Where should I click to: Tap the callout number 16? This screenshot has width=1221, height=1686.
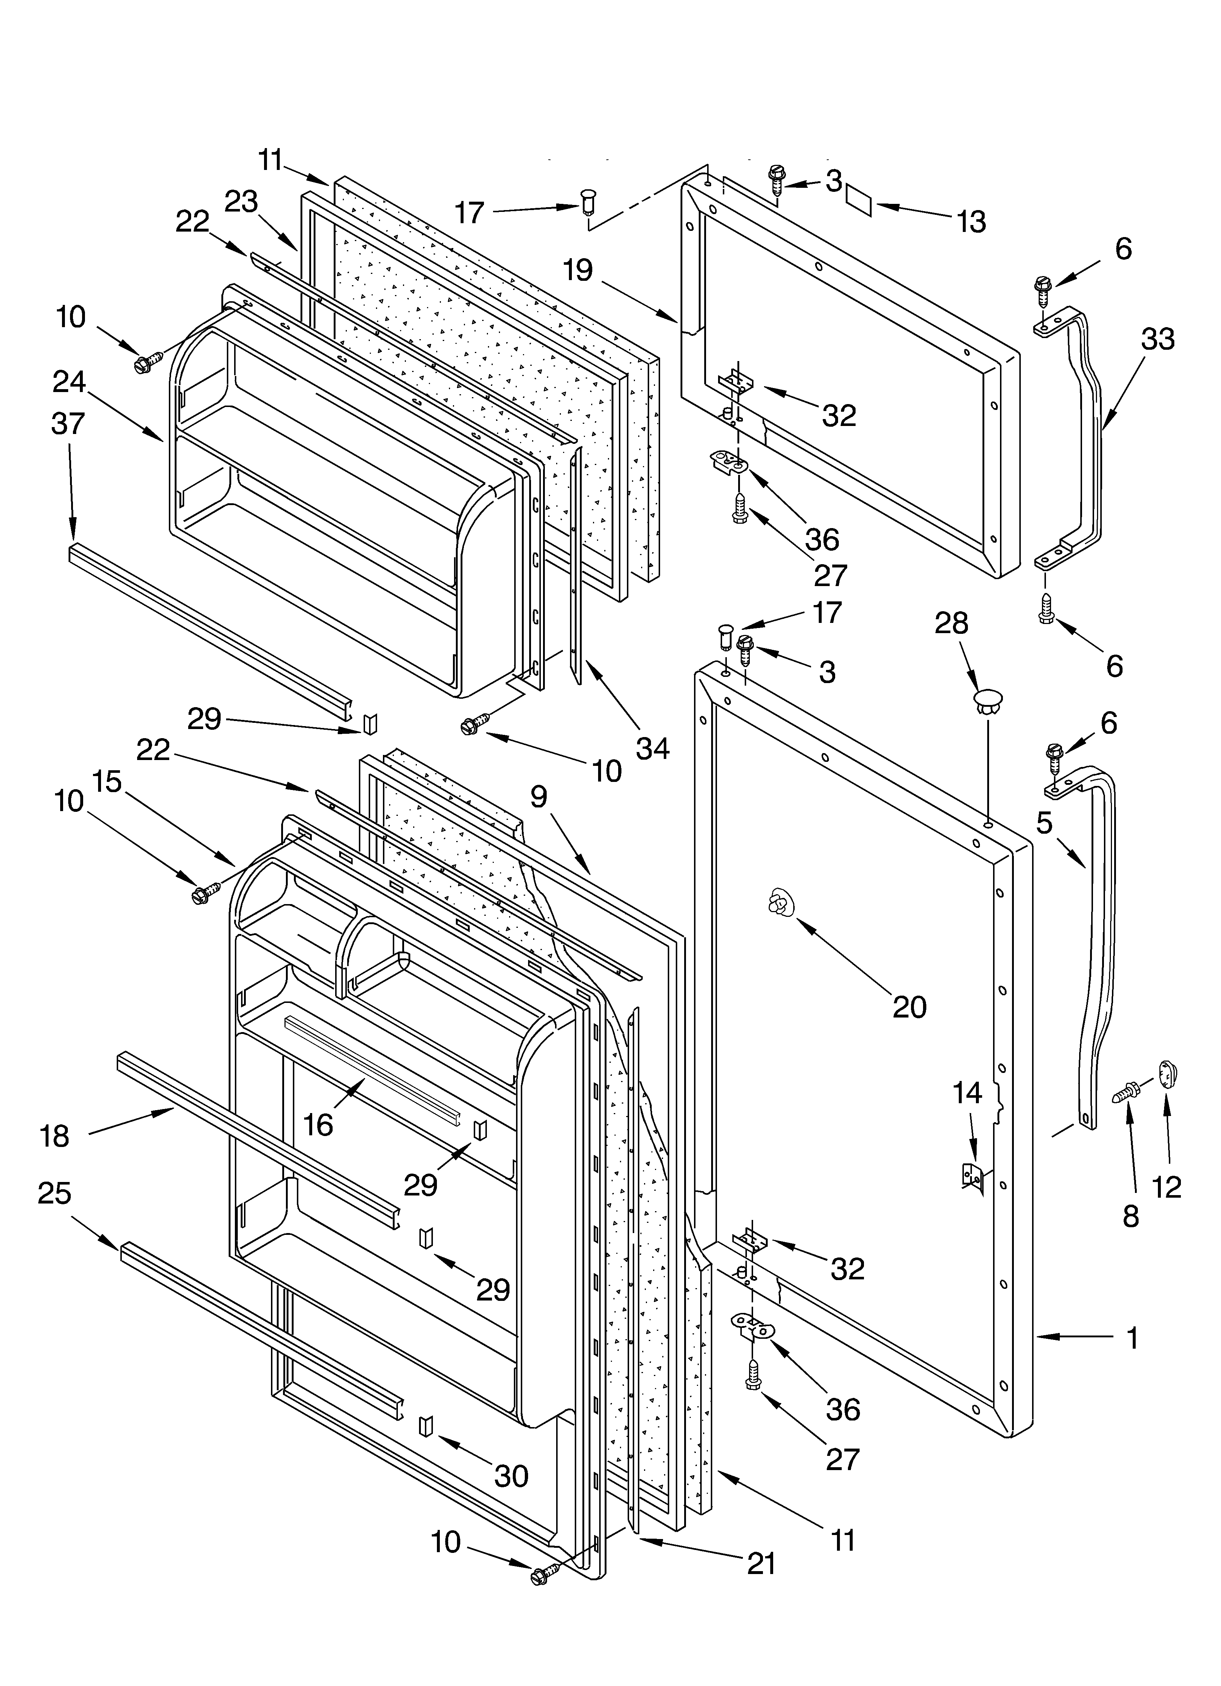click(x=318, y=1125)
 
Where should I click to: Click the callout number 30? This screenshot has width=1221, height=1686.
click(x=511, y=1476)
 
